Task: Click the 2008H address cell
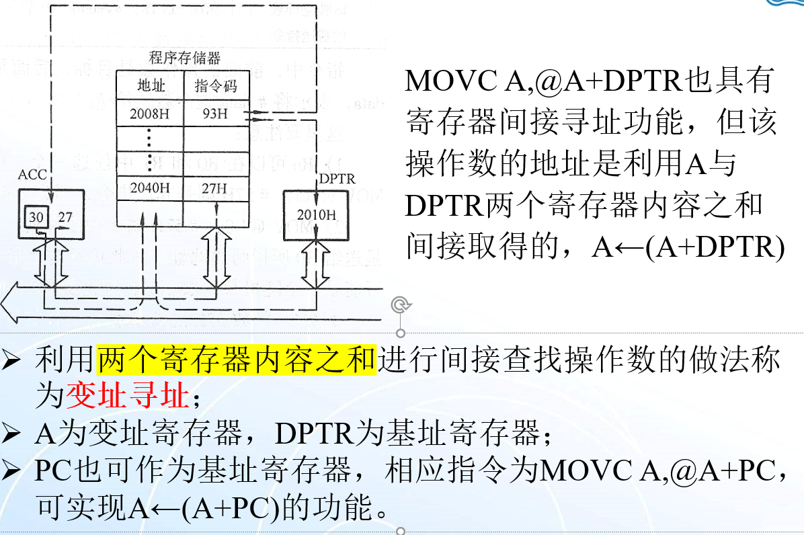click(150, 114)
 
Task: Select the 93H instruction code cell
click(215, 114)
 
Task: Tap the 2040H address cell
click(150, 188)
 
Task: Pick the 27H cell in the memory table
click(214, 188)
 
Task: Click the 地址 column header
click(151, 86)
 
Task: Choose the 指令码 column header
click(215, 86)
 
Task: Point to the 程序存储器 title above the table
click(185, 58)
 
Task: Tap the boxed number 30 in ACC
click(36, 217)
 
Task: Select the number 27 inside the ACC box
click(65, 217)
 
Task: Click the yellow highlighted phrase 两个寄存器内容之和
click(236, 361)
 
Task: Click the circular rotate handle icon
click(401, 305)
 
